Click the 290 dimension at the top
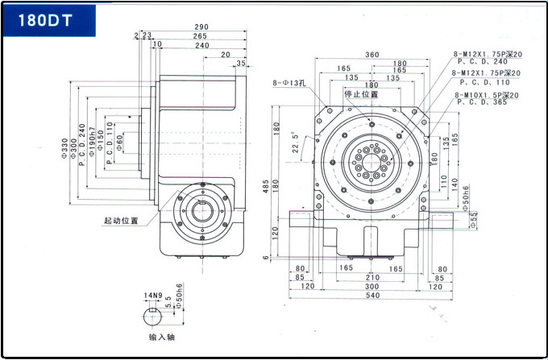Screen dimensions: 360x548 pyautogui.click(x=201, y=27)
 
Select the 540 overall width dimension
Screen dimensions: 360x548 pyautogui.click(x=372, y=296)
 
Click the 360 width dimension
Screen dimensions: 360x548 pyautogui.click(x=372, y=55)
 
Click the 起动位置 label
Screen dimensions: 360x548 pyautogui.click(x=121, y=220)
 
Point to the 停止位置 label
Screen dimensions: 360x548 pyautogui.click(x=361, y=94)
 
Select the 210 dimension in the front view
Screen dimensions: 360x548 pyautogui.click(x=372, y=278)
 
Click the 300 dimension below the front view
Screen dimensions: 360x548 pyautogui.click(x=372, y=287)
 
